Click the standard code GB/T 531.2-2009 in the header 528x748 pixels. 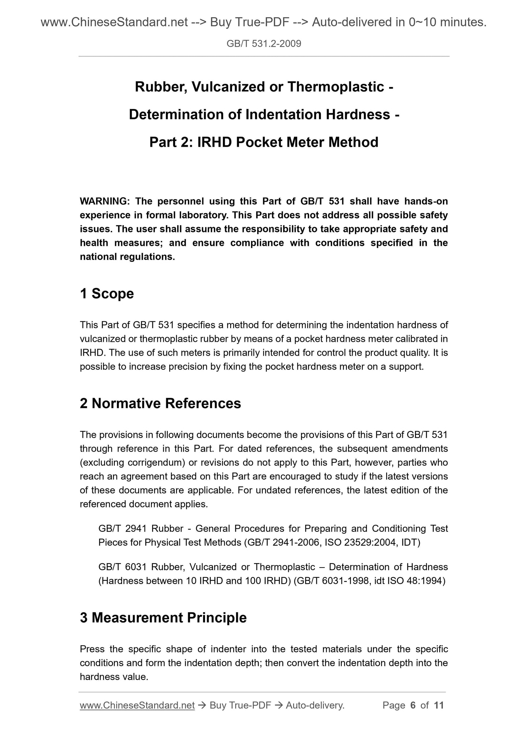[264, 44]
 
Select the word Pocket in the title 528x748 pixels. [259, 142]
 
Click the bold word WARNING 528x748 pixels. [103, 201]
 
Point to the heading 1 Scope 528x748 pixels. [107, 293]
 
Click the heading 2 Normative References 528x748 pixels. [160, 403]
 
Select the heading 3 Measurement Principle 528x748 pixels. [163, 618]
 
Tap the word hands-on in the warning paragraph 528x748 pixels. [429, 201]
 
